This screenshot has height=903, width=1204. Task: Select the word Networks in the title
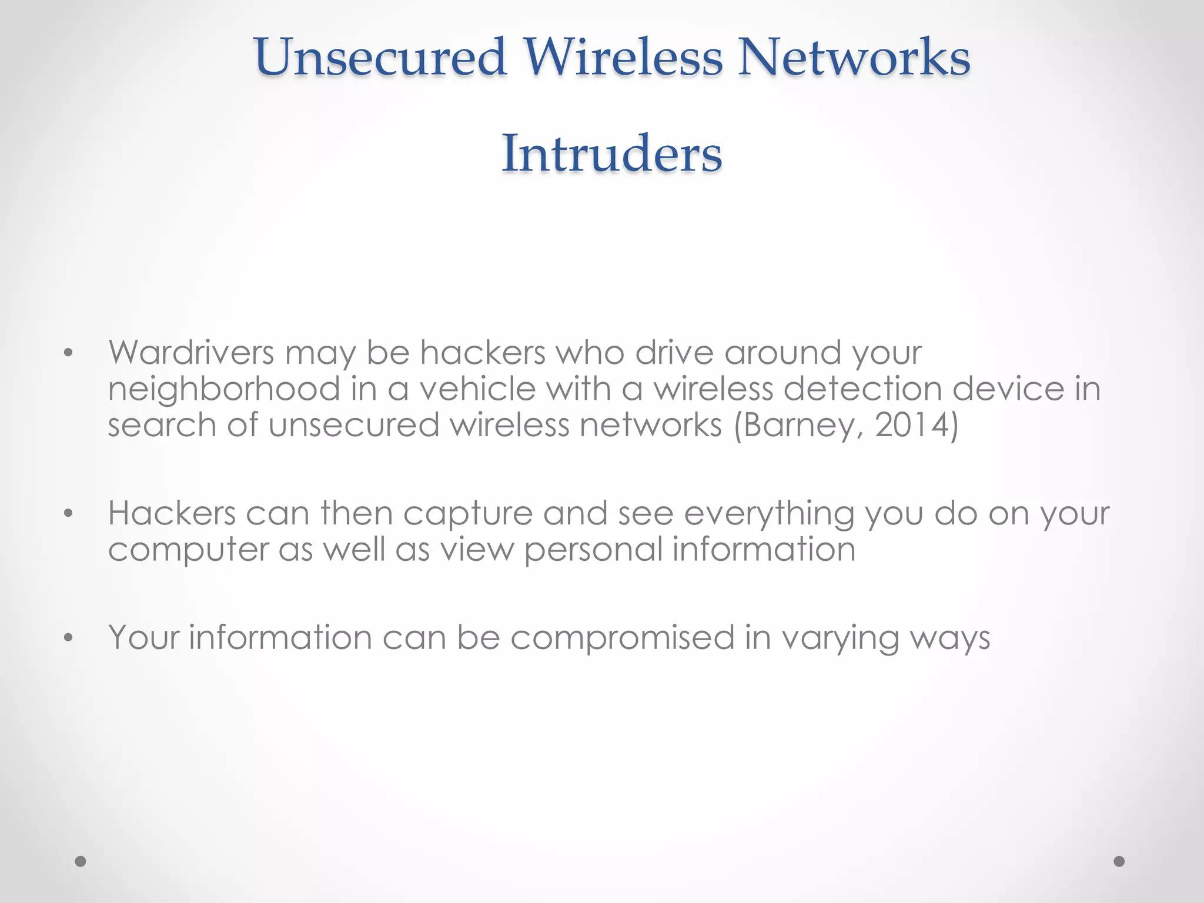tap(854, 57)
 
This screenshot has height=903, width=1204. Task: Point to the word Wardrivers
tap(191, 353)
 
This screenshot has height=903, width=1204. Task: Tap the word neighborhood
tap(224, 390)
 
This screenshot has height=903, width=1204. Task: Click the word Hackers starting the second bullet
tap(172, 513)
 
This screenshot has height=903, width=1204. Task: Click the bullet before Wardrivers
tap(69, 354)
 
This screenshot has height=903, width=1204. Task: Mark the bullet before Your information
tap(69, 638)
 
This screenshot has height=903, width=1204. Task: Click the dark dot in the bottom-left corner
tap(81, 861)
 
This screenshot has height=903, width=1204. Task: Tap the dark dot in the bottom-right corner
tap(1119, 861)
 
